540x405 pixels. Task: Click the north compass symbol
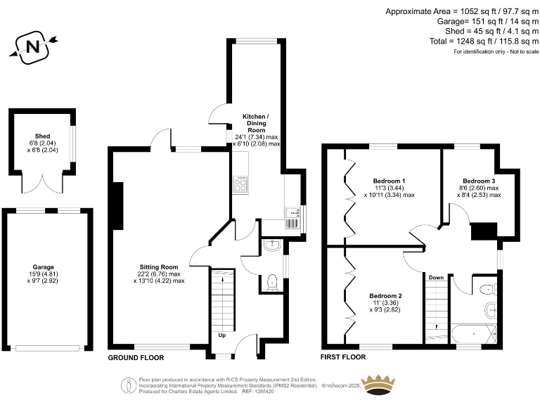coord(32,46)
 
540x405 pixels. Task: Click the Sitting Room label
coord(158,267)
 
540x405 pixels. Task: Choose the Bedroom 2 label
coord(387,295)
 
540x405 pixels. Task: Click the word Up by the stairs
coord(222,335)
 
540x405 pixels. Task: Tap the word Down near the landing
coord(436,278)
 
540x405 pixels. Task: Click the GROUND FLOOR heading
coord(136,357)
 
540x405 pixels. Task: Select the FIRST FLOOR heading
coord(344,357)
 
